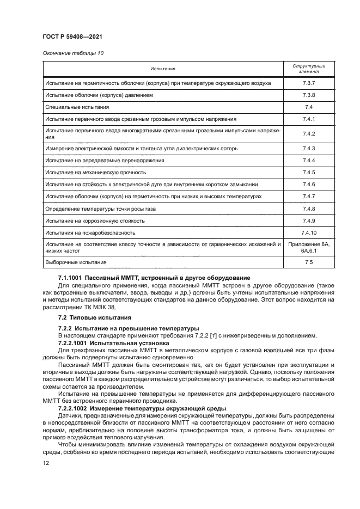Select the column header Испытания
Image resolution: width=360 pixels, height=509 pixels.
(164, 69)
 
